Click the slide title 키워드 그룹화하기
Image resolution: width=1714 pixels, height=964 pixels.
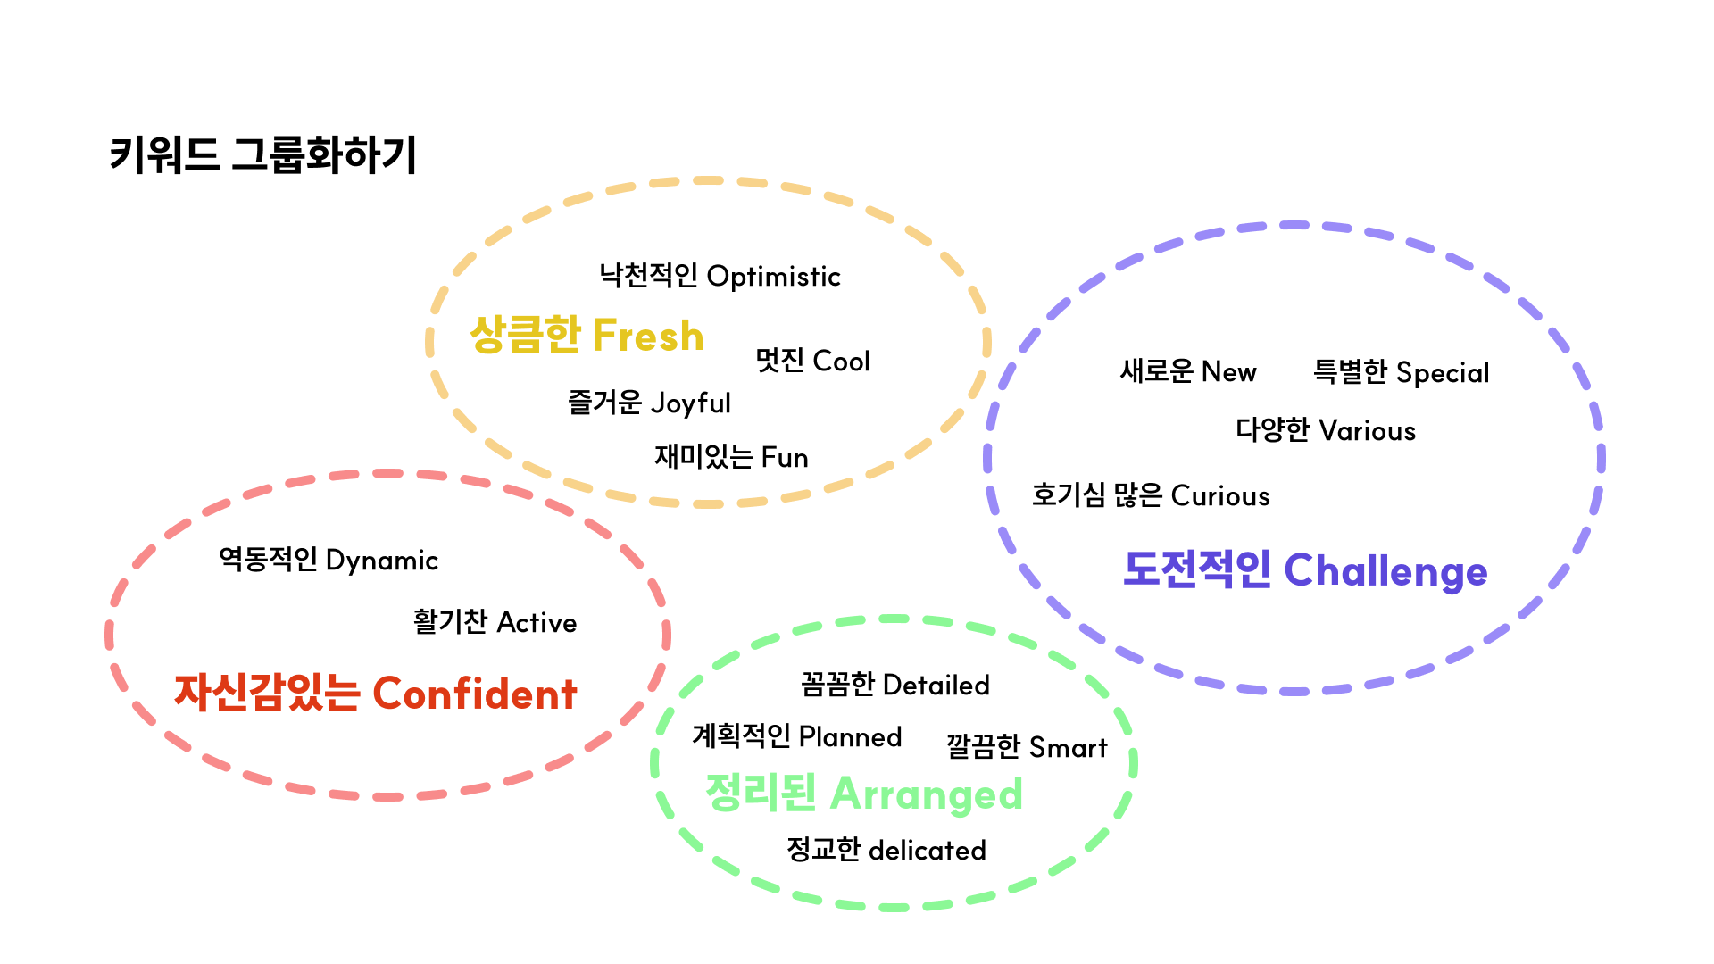coord(262,154)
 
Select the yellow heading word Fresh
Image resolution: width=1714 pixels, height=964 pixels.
coord(648,336)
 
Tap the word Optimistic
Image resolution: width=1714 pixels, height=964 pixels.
coord(773,277)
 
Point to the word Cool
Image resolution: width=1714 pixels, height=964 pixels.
coord(841,361)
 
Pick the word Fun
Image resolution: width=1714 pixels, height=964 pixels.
coord(784,458)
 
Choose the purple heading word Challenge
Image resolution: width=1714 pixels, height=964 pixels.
coord(1385,571)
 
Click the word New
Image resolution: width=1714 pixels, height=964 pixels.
coord(1228,371)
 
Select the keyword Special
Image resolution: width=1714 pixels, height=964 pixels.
coord(1443,373)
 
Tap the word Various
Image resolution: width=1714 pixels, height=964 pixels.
coord(1368,431)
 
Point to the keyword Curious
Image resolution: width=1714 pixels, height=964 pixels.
coord(1219,496)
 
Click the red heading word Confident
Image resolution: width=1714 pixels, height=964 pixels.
coord(475,694)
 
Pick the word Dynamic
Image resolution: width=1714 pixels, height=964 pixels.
coord(382,561)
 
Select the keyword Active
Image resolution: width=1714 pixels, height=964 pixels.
coord(537,622)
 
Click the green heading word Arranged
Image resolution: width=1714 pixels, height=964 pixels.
coord(926,794)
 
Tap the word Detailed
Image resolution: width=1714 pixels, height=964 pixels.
coord(936,686)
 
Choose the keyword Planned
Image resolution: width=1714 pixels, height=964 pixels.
coord(850,737)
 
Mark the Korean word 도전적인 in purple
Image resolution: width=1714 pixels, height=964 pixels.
coord(1197,569)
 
